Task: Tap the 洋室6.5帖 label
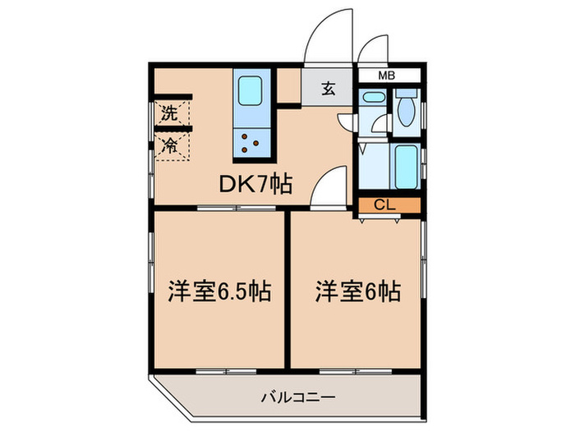pos(220,291)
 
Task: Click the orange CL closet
pos(389,205)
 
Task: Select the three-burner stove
pos(250,144)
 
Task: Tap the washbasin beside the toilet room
pos(372,102)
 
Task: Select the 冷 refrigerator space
pos(170,147)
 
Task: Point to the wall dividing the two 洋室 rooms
pos(287,287)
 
